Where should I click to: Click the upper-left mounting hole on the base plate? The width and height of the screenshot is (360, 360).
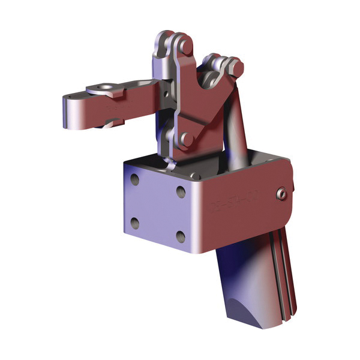[x=135, y=180]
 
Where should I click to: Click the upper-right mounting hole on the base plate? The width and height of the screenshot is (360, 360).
[x=180, y=190]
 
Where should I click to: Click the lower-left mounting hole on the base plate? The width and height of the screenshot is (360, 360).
[x=135, y=223]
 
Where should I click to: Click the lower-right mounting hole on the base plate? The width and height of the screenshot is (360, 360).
[x=180, y=235]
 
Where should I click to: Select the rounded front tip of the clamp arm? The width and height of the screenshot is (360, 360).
[x=67, y=112]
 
